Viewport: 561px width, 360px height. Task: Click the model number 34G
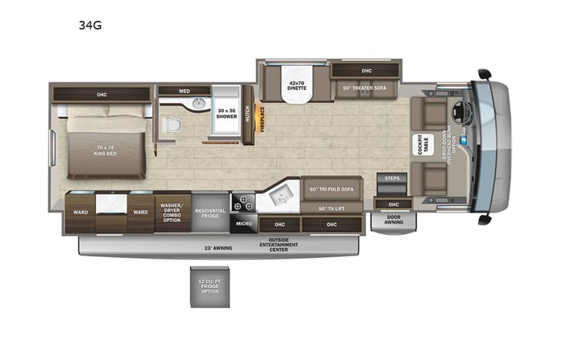point(90,25)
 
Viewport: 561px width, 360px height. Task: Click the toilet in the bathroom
point(173,126)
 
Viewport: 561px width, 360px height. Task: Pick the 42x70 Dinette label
point(297,85)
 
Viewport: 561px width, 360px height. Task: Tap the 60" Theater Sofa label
point(366,88)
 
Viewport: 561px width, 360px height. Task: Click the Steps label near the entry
point(391,178)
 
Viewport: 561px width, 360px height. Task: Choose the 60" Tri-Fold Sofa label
point(331,190)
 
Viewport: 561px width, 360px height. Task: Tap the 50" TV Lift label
point(331,208)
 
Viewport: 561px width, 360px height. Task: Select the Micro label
point(243,224)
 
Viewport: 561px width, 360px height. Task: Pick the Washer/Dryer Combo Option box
point(173,211)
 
